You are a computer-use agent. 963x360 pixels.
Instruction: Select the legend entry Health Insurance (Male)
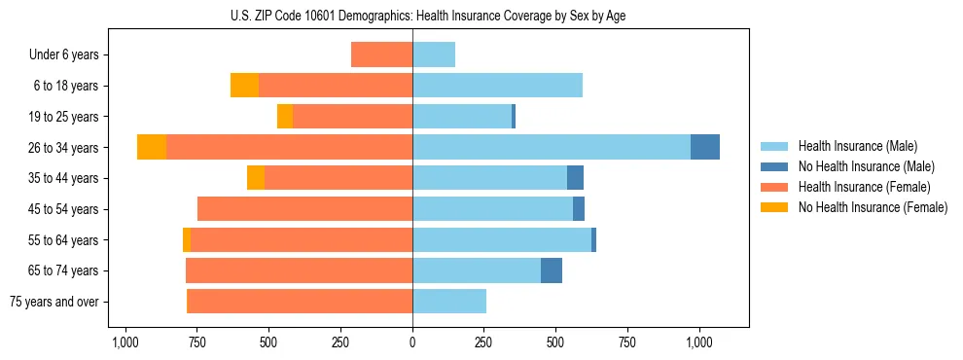point(856,146)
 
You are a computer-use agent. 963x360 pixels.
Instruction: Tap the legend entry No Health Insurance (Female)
point(873,207)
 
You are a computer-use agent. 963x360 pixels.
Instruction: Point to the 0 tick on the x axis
point(412,342)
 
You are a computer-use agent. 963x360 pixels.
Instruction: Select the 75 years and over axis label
point(53,302)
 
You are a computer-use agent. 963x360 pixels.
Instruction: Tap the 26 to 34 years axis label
point(63,148)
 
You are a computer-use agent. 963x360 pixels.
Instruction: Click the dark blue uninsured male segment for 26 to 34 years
point(705,147)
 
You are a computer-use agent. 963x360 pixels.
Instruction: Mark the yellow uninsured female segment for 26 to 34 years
point(152,147)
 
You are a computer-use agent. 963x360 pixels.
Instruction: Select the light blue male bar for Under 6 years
point(434,54)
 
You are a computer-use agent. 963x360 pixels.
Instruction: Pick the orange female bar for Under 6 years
point(381,54)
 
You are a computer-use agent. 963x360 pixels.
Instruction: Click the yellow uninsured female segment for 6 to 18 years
point(244,86)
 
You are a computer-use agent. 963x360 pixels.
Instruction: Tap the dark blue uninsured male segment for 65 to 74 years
point(552,270)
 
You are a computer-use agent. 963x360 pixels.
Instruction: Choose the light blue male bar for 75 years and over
point(449,302)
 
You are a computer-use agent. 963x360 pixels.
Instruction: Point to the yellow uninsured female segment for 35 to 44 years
point(256,178)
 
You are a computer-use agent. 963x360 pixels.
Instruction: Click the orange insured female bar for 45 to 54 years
point(304,209)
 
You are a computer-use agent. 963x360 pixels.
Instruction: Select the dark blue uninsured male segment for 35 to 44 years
point(575,178)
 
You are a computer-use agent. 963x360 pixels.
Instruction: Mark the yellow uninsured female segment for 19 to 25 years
point(285,117)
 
